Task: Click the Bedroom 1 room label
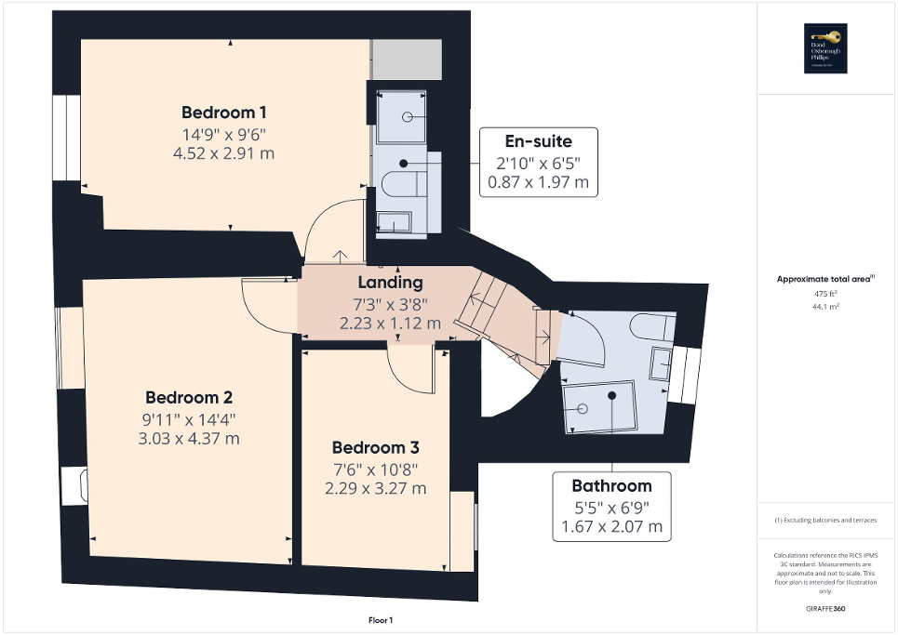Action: (224, 112)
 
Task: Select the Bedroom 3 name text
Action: (375, 447)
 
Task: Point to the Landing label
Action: (390, 283)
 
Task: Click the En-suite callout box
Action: (538, 163)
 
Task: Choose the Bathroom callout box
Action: (611, 507)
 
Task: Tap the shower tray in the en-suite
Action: (401, 117)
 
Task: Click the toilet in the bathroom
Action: (649, 325)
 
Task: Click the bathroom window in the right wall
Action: (689, 375)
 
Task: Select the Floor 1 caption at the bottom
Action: (382, 619)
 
